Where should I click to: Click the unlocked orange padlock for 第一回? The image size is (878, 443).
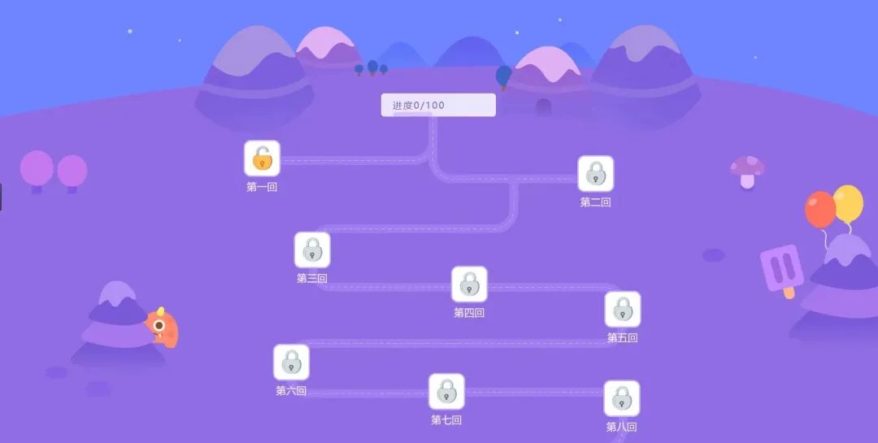click(x=262, y=159)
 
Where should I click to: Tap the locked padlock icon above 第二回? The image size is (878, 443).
click(x=596, y=173)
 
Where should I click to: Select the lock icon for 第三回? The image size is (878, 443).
click(x=312, y=250)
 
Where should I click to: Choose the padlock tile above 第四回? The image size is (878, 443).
click(x=469, y=284)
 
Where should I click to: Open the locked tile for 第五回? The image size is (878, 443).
click(x=623, y=310)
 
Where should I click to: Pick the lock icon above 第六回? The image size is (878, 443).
click(x=291, y=363)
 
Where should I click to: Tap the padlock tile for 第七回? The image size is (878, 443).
click(x=446, y=392)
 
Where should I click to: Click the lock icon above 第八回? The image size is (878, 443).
click(x=622, y=398)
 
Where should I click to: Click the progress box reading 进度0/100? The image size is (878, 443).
click(x=438, y=105)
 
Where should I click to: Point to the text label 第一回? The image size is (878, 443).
click(x=262, y=187)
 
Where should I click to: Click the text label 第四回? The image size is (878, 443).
click(x=469, y=313)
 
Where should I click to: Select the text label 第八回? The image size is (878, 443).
click(x=621, y=427)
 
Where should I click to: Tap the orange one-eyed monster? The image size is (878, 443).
click(x=163, y=328)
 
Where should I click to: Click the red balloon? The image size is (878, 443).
click(x=819, y=209)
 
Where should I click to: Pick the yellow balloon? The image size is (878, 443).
click(x=848, y=203)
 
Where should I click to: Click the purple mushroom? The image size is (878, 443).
click(x=747, y=171)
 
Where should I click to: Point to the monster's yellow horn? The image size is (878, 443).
click(x=161, y=311)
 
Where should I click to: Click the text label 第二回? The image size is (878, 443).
click(x=595, y=202)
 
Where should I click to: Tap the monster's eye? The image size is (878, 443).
click(x=159, y=326)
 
